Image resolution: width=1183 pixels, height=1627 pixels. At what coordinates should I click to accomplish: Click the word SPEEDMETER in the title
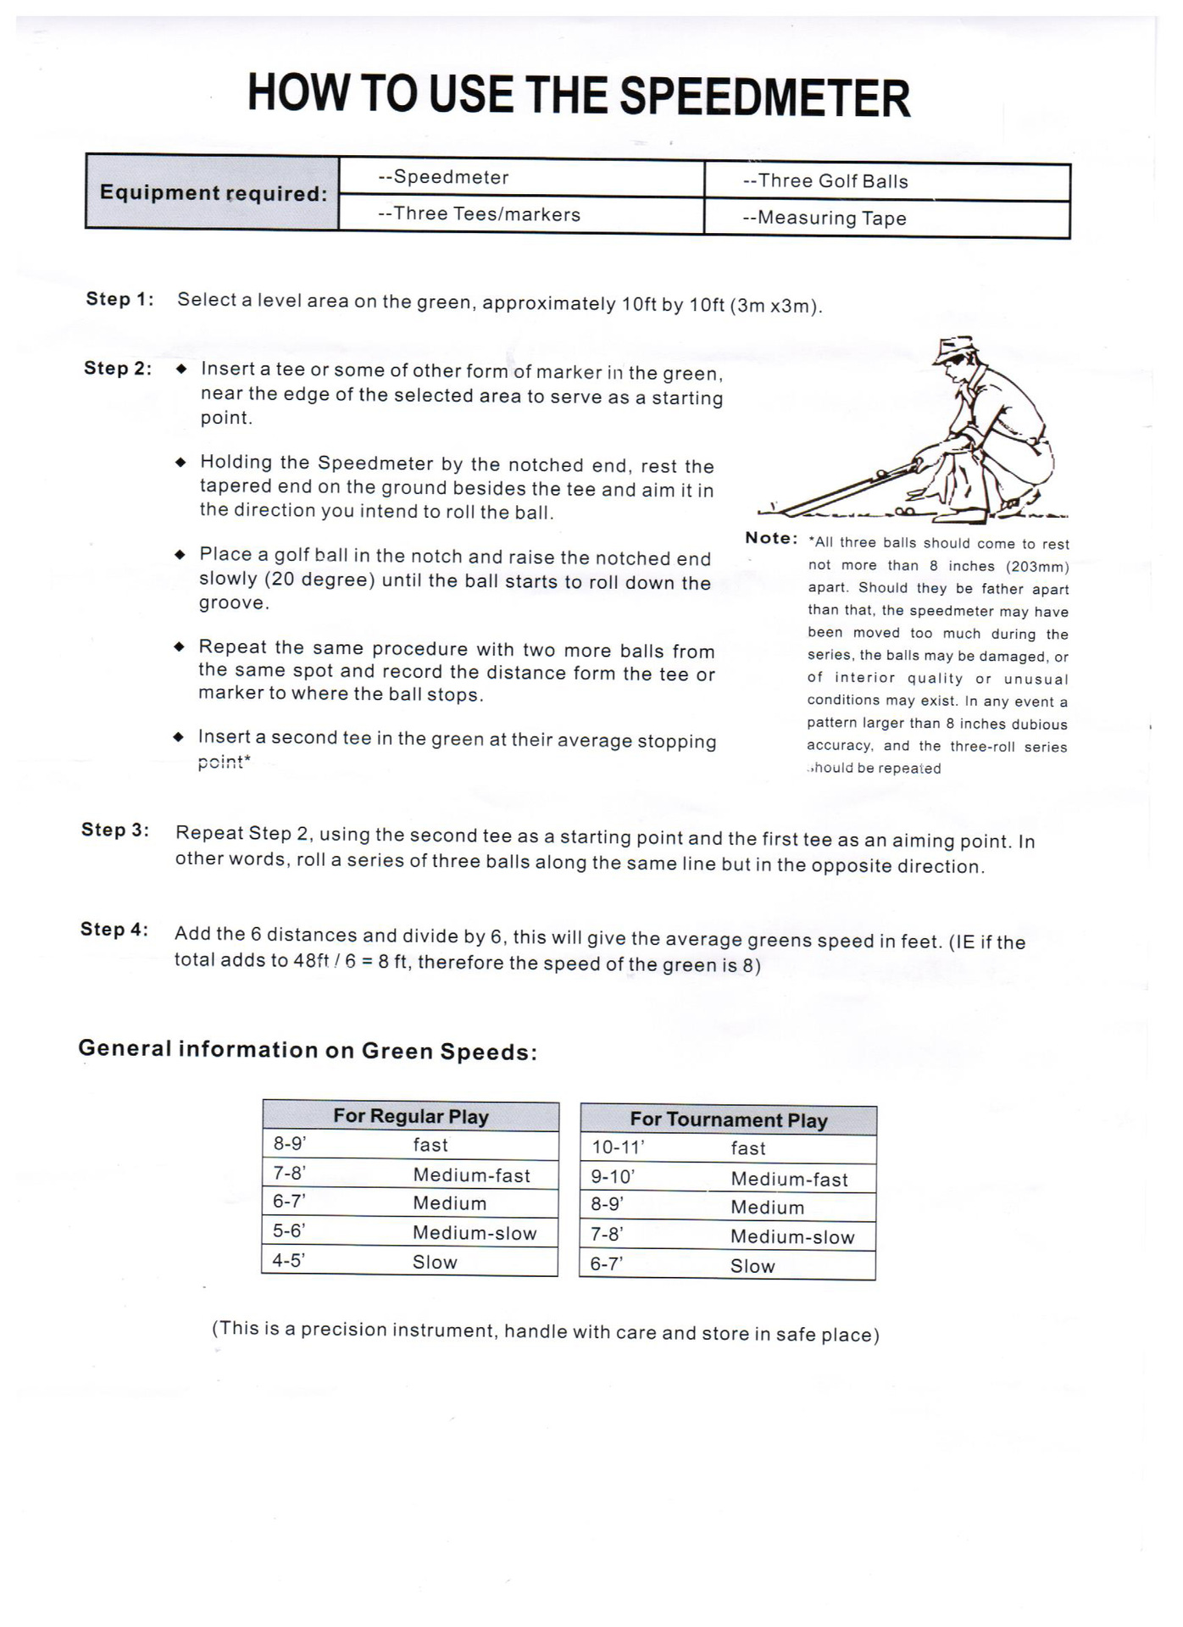click(x=764, y=97)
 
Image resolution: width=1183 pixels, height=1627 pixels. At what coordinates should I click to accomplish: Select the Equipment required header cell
click(x=213, y=192)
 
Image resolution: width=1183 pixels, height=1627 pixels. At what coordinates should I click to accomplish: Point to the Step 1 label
click(x=119, y=299)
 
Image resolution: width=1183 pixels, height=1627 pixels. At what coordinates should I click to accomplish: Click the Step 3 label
click(x=115, y=830)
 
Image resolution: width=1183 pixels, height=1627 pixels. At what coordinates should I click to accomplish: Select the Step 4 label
click(x=114, y=930)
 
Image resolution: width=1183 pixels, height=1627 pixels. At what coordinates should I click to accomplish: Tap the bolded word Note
click(x=771, y=538)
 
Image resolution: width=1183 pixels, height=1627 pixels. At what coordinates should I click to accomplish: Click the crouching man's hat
click(x=956, y=348)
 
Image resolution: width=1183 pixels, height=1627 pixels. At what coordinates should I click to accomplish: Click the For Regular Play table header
click(x=411, y=1116)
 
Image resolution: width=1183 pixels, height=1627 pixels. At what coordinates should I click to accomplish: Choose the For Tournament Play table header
click(x=728, y=1120)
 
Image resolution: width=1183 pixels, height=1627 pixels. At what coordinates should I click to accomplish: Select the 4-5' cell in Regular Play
click(x=288, y=1261)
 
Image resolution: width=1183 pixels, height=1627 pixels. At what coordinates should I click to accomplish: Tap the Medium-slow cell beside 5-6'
click(x=475, y=1233)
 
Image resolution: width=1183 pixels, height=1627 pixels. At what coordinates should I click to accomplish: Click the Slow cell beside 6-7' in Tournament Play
click(x=753, y=1266)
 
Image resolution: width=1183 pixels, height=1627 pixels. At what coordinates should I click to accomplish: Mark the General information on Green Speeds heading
click(x=308, y=1050)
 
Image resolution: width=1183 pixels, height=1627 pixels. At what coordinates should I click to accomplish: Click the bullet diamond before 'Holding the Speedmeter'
click(x=180, y=462)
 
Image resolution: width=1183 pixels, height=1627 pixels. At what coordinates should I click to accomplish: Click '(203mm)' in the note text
click(x=1037, y=566)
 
